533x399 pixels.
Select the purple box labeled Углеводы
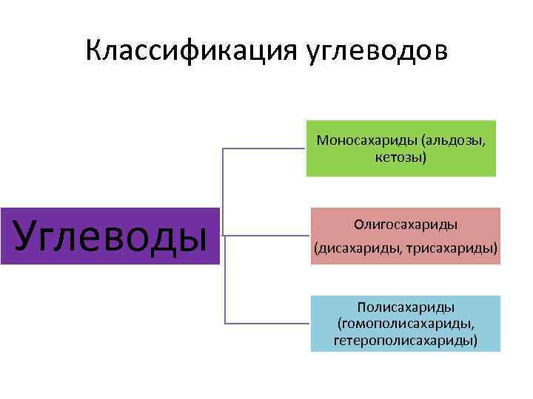pos(110,236)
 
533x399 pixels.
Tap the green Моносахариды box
pos(401,149)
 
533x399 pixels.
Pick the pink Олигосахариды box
pos(406,236)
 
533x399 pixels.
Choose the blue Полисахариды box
pos(406,324)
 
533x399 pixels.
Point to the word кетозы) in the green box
pos(401,157)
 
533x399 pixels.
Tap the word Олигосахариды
pos(406,223)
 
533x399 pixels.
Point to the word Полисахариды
pos(406,307)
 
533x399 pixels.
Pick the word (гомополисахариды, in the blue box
pos(406,324)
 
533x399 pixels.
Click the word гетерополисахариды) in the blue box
pos(406,341)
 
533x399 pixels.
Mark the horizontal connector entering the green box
pos(265,148)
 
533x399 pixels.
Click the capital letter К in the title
pos(94,51)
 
